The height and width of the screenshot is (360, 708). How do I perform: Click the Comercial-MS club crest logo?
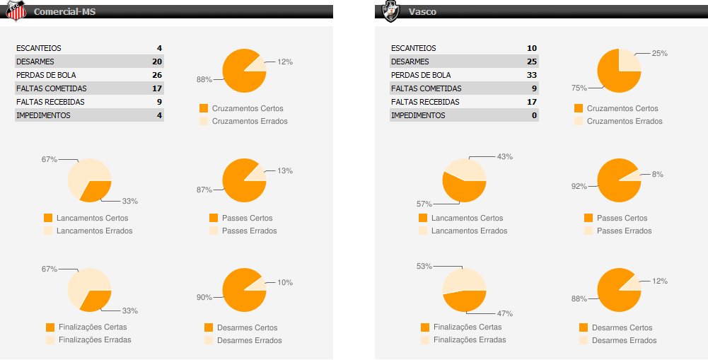(x=16, y=11)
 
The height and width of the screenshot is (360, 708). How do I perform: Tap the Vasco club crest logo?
(x=390, y=11)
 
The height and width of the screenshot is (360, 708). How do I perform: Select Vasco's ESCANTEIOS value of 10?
(x=531, y=48)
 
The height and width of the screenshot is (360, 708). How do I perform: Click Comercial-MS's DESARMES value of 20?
(x=157, y=62)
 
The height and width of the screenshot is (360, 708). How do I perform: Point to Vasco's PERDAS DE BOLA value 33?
(x=531, y=75)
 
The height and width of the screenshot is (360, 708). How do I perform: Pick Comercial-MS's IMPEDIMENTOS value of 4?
(x=159, y=115)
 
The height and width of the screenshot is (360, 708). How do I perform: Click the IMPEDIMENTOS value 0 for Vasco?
(x=534, y=115)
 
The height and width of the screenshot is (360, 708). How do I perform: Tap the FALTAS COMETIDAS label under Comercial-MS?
(x=51, y=88)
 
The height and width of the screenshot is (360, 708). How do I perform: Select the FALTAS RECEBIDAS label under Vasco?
(x=425, y=102)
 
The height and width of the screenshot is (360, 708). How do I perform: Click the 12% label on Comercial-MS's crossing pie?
(x=285, y=62)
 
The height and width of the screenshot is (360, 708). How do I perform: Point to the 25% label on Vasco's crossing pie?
(x=659, y=53)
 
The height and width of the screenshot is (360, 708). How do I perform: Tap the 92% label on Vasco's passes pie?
(x=579, y=186)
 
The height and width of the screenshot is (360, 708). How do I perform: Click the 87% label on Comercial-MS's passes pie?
(x=204, y=189)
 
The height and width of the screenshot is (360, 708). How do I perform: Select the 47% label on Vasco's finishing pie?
(x=504, y=313)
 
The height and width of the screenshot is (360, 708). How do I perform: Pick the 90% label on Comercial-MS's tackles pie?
(x=204, y=298)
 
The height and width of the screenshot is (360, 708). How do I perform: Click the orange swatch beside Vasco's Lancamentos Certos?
(x=423, y=218)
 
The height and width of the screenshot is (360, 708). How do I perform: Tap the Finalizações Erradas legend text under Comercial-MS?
(x=94, y=339)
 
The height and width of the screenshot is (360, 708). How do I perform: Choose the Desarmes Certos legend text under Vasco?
(x=622, y=327)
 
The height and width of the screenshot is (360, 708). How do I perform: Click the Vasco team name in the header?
(x=422, y=12)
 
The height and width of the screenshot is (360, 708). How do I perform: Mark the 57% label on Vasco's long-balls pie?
(x=424, y=204)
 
